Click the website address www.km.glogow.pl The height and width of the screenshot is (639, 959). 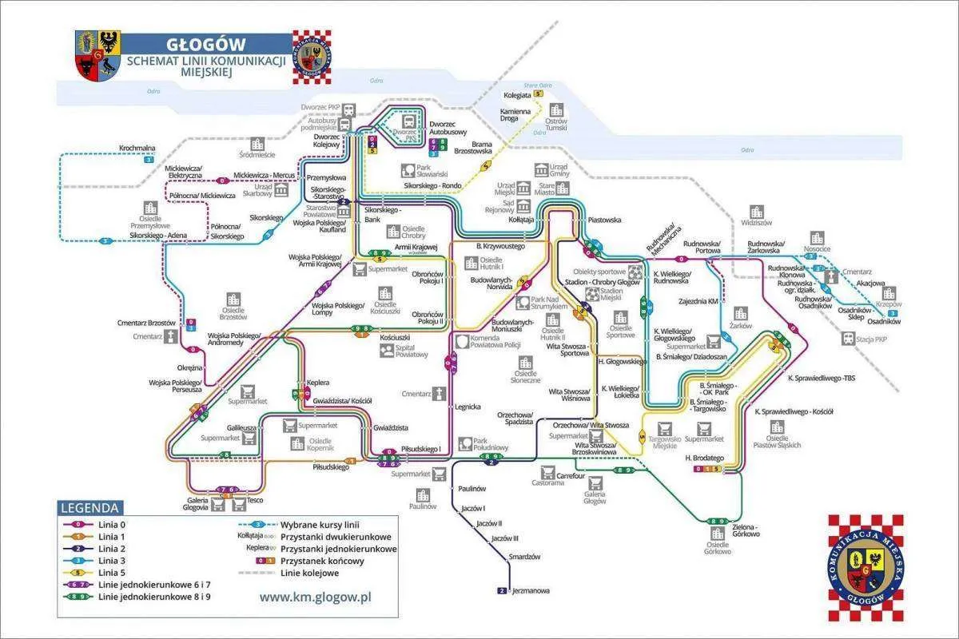tap(316, 596)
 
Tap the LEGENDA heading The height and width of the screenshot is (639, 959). tap(90, 508)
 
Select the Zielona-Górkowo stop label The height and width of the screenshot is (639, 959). tap(746, 530)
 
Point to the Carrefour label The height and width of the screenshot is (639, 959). tap(571, 476)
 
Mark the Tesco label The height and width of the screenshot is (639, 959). tap(255, 500)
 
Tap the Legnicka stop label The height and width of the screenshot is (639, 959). tap(468, 407)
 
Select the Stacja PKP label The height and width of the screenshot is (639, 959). tap(871, 339)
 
